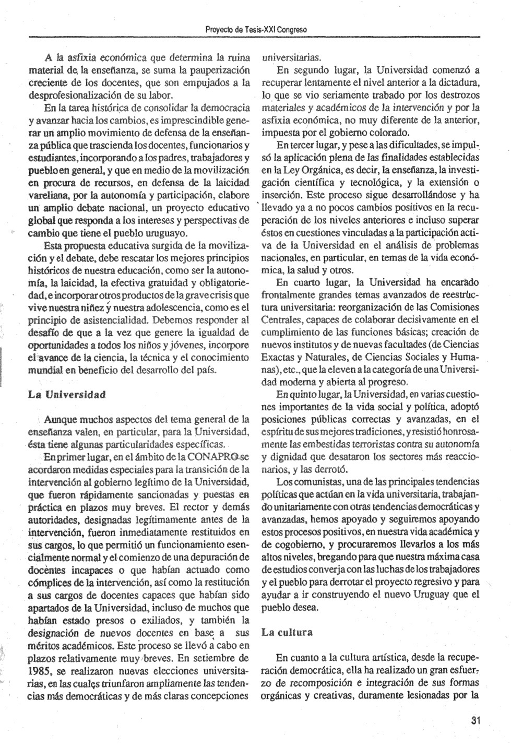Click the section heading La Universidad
[x=67, y=394]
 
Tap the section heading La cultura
[x=287, y=633]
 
